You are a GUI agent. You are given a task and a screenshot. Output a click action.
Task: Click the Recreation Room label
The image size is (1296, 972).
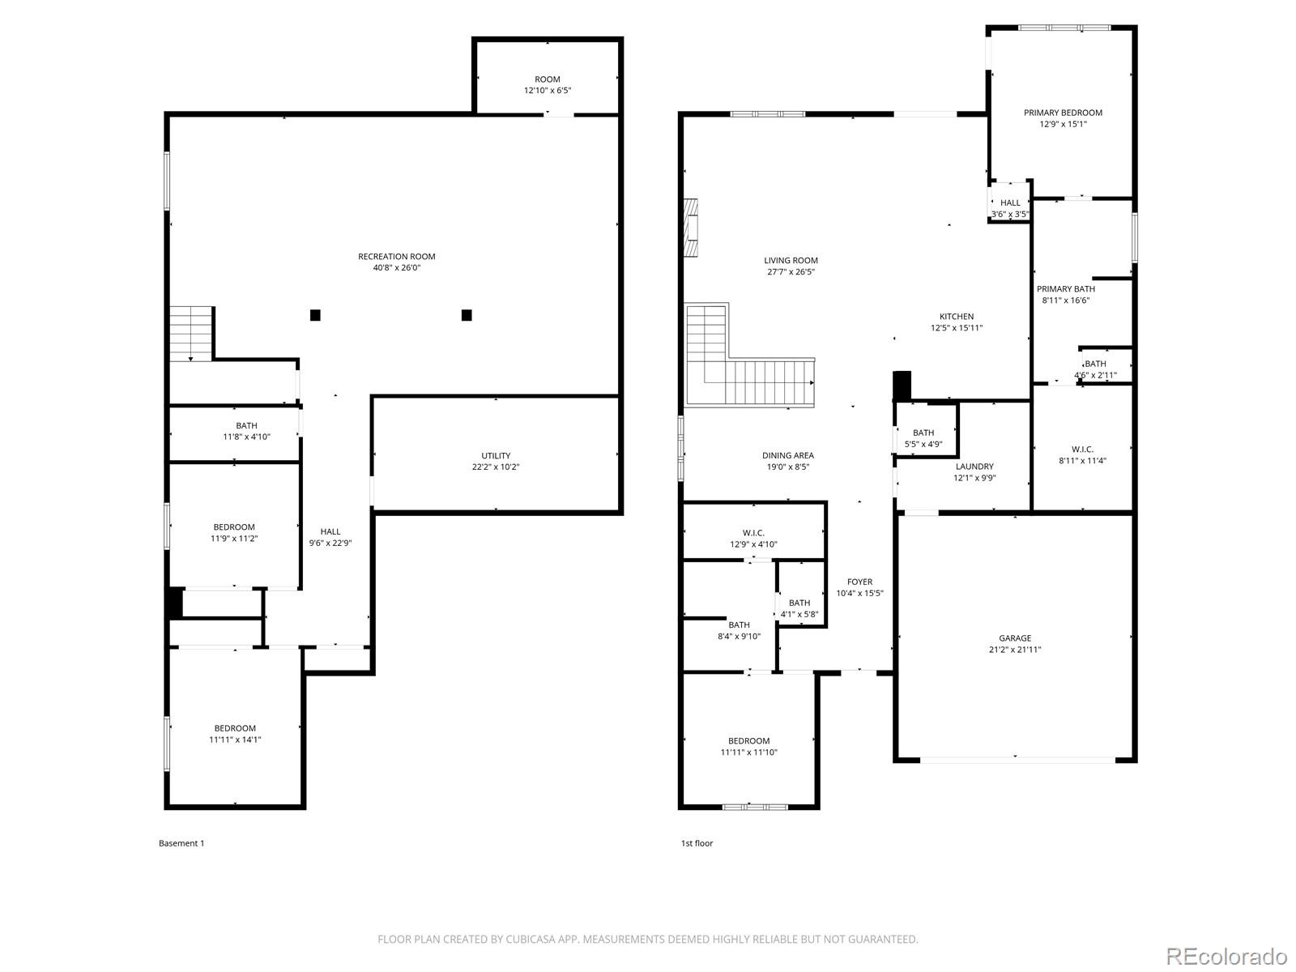(396, 257)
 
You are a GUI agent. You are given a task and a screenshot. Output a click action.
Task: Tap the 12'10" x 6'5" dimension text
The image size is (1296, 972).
(548, 90)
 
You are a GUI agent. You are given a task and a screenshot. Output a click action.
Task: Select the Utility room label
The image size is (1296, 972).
(496, 455)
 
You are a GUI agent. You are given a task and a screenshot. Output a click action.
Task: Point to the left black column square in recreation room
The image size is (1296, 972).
(315, 315)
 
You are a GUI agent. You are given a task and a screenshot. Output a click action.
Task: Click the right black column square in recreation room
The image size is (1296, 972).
(467, 315)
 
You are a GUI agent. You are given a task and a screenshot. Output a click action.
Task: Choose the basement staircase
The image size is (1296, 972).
(190, 334)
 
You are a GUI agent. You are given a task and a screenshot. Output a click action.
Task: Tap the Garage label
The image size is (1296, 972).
(1015, 638)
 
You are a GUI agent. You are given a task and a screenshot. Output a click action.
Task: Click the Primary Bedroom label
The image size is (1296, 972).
(1063, 113)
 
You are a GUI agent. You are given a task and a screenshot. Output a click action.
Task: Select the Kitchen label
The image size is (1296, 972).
(957, 317)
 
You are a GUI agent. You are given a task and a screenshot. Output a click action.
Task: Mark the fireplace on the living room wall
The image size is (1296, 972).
(691, 228)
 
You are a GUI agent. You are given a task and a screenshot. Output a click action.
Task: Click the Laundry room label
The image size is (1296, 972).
(974, 467)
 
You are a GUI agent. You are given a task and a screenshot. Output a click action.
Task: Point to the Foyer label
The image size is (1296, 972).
(859, 582)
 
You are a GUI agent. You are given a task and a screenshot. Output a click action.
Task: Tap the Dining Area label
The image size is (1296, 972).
(787, 455)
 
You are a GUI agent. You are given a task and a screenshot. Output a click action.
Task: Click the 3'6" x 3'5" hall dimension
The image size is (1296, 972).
(1010, 214)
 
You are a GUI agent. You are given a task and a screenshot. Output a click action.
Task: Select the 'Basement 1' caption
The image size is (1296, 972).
(181, 843)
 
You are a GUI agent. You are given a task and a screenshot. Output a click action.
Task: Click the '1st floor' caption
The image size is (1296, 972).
(697, 843)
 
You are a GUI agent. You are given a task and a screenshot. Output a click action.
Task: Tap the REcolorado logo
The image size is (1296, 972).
(1227, 956)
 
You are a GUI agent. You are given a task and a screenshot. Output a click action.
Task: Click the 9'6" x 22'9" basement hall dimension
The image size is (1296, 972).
(330, 543)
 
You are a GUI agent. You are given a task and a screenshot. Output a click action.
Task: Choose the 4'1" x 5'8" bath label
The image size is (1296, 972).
(799, 614)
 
